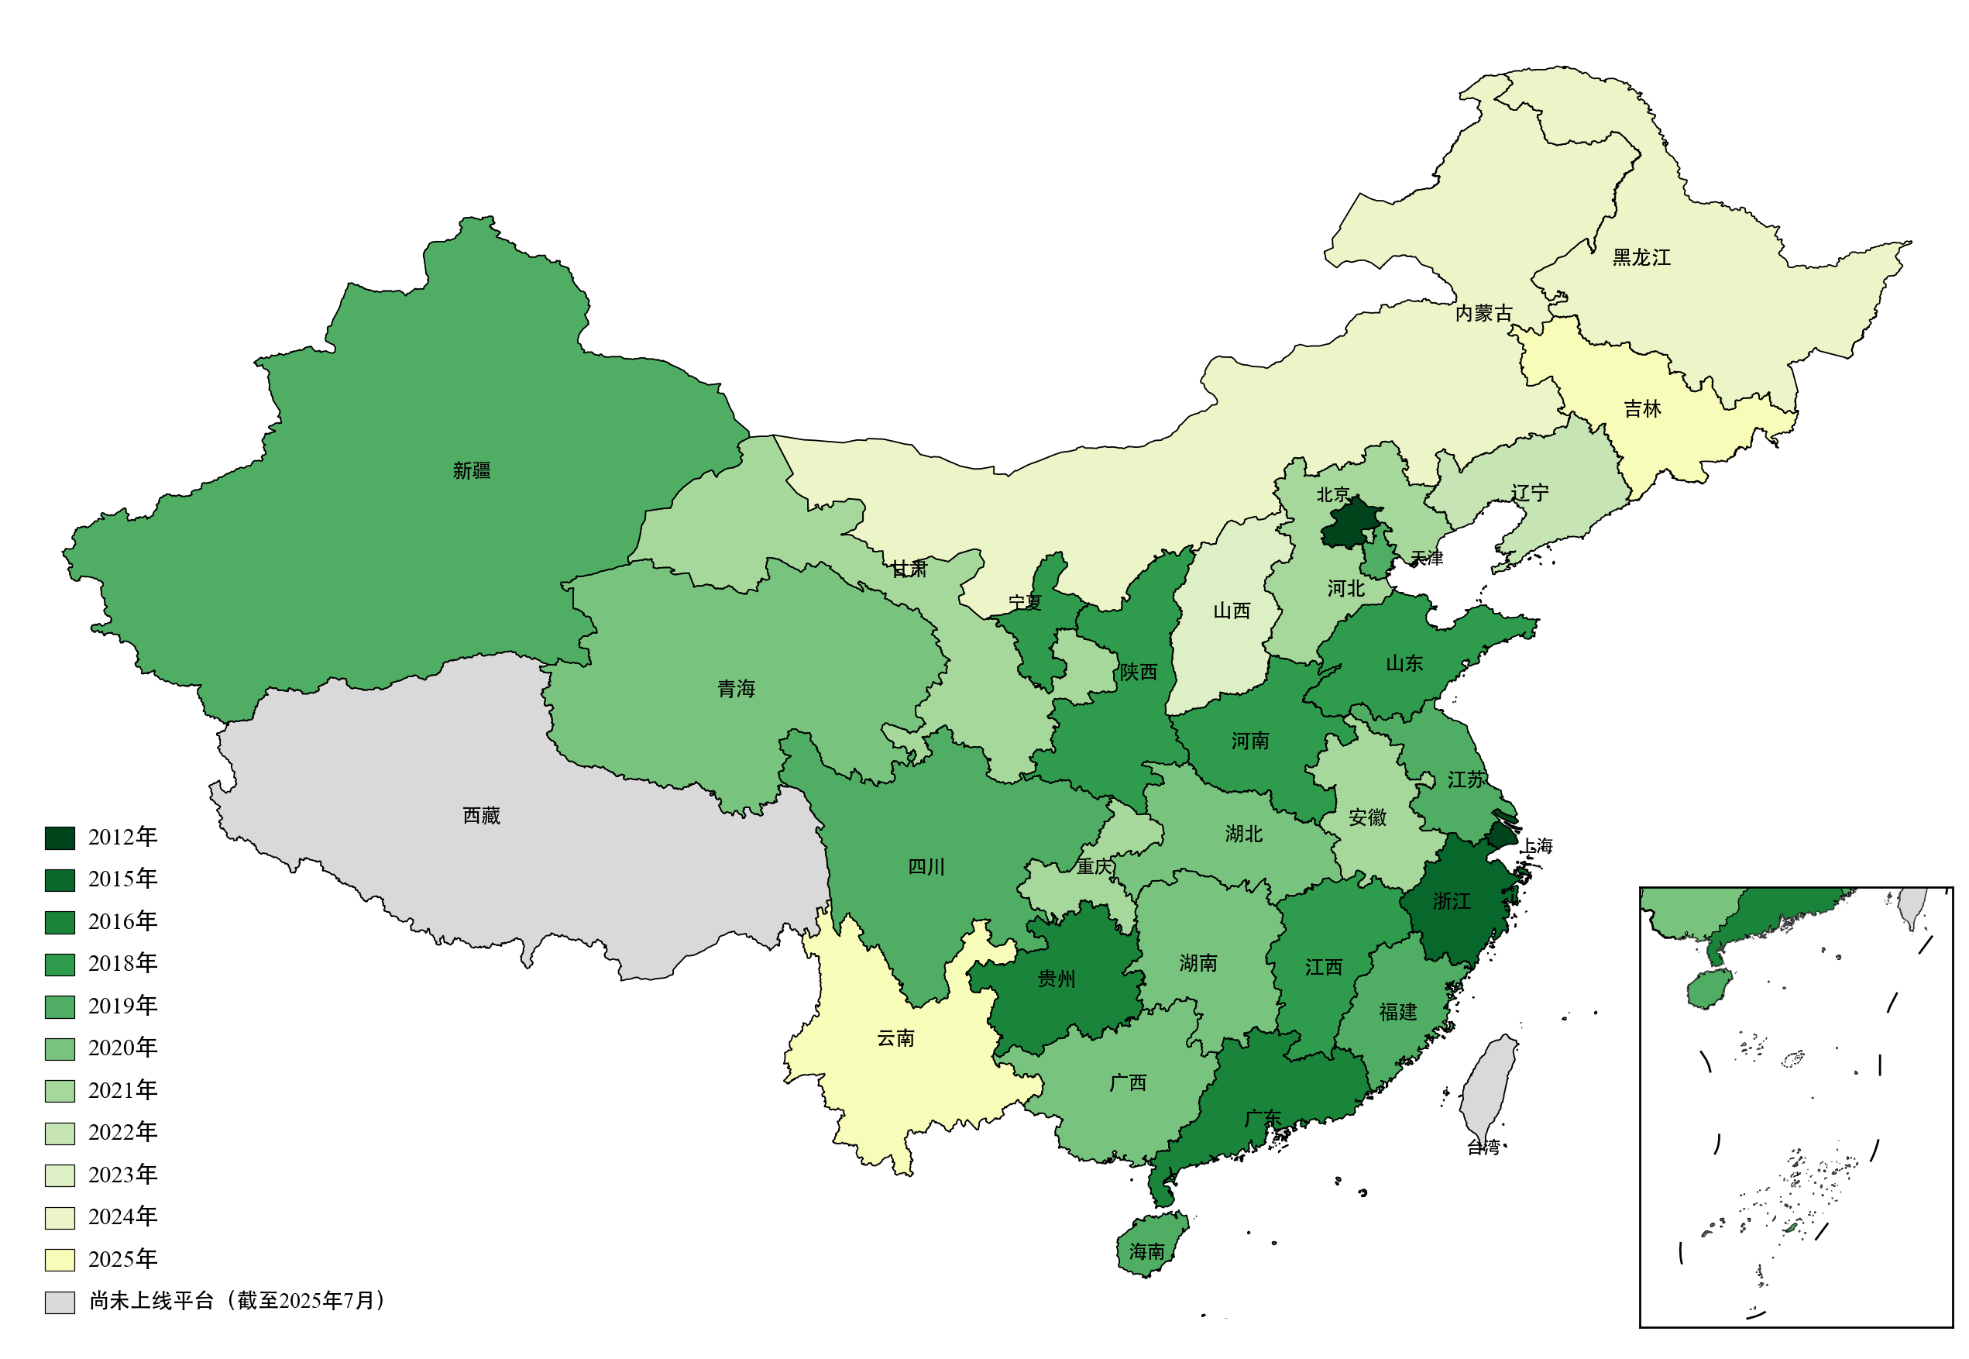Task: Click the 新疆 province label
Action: click(471, 470)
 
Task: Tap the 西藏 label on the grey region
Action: click(481, 815)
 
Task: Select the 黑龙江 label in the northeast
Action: click(1641, 257)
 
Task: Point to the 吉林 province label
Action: click(1641, 409)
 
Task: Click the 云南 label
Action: click(895, 1038)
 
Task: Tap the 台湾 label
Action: click(1482, 1147)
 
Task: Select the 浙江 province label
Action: click(1451, 901)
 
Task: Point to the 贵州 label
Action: click(1056, 979)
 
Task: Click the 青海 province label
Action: click(736, 688)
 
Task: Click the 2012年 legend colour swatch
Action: click(60, 838)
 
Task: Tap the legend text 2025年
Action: click(122, 1258)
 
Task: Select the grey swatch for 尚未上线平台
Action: click(60, 1302)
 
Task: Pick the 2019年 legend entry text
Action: click(122, 1006)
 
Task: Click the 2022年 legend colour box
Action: click(60, 1134)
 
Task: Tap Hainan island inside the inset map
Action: click(1708, 989)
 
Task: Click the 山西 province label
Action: click(1231, 611)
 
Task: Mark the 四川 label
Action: click(926, 867)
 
